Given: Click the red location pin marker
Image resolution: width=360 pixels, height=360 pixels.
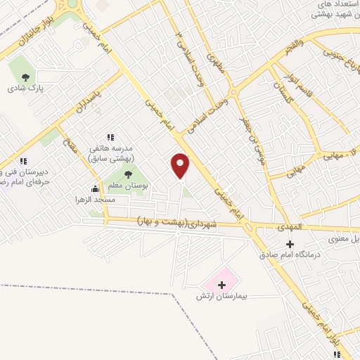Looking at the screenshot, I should [181, 166].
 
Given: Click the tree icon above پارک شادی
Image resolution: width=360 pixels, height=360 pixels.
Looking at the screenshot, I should [26, 77].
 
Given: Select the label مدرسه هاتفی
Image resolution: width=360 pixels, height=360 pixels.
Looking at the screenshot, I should [106, 149].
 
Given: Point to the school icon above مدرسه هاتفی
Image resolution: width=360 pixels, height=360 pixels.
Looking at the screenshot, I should [110, 137].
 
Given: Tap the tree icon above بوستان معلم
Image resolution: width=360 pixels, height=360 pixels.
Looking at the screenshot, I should [127, 175].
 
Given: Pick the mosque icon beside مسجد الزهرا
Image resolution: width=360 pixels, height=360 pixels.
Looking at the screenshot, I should [95, 188].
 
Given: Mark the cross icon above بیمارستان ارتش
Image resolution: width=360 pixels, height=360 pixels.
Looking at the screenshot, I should [222, 285].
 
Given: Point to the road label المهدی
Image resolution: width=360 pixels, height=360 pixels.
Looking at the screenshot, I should [288, 228].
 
